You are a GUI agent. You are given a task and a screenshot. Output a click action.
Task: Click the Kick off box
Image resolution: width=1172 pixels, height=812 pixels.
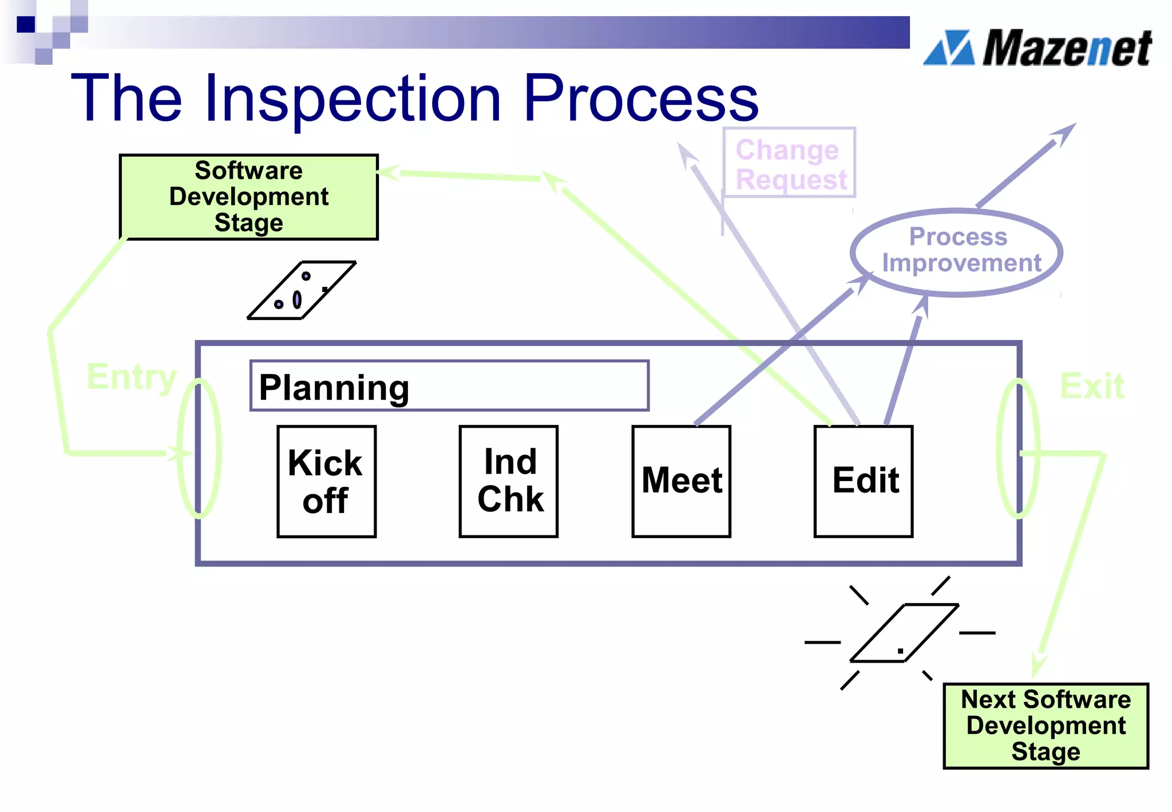(326, 481)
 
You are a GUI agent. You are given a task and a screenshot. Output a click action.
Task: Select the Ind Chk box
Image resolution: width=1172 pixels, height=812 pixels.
(508, 481)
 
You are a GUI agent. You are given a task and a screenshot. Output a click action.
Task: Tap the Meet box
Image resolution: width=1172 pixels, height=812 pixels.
(681, 481)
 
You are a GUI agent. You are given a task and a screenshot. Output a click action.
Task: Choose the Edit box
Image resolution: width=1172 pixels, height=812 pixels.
(863, 481)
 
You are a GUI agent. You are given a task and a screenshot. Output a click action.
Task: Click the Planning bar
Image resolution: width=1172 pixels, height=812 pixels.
(449, 386)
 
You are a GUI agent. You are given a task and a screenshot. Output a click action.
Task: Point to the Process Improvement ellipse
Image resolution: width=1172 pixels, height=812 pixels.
(957, 252)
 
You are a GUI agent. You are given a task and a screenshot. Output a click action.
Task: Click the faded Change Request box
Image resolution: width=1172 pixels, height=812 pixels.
(789, 164)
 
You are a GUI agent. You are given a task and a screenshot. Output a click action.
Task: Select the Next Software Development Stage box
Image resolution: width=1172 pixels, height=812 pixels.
(1046, 726)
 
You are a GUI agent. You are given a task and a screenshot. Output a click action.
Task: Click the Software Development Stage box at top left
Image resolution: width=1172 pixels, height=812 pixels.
(249, 197)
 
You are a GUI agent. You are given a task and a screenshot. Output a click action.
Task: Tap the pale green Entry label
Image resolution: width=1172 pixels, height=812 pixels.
(131, 377)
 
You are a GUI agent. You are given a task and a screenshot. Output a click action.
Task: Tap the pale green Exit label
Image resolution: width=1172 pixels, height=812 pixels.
(1091, 386)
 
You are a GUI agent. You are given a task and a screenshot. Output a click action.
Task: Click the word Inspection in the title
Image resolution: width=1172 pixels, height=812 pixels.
(353, 98)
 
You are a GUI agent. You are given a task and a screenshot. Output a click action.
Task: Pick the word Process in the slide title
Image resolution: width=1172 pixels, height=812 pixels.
(640, 98)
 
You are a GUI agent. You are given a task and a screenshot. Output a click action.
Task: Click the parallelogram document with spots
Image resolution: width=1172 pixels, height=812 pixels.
(302, 290)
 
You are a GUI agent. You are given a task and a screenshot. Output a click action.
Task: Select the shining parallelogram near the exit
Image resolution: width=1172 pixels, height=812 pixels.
(904, 633)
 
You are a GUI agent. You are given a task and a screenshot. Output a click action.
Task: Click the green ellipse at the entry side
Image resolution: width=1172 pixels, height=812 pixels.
(199, 448)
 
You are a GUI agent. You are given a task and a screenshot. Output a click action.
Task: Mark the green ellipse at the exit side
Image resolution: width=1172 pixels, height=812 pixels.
(1017, 448)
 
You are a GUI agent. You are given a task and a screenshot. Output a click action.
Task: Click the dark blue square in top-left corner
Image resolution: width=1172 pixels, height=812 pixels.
(26, 24)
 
